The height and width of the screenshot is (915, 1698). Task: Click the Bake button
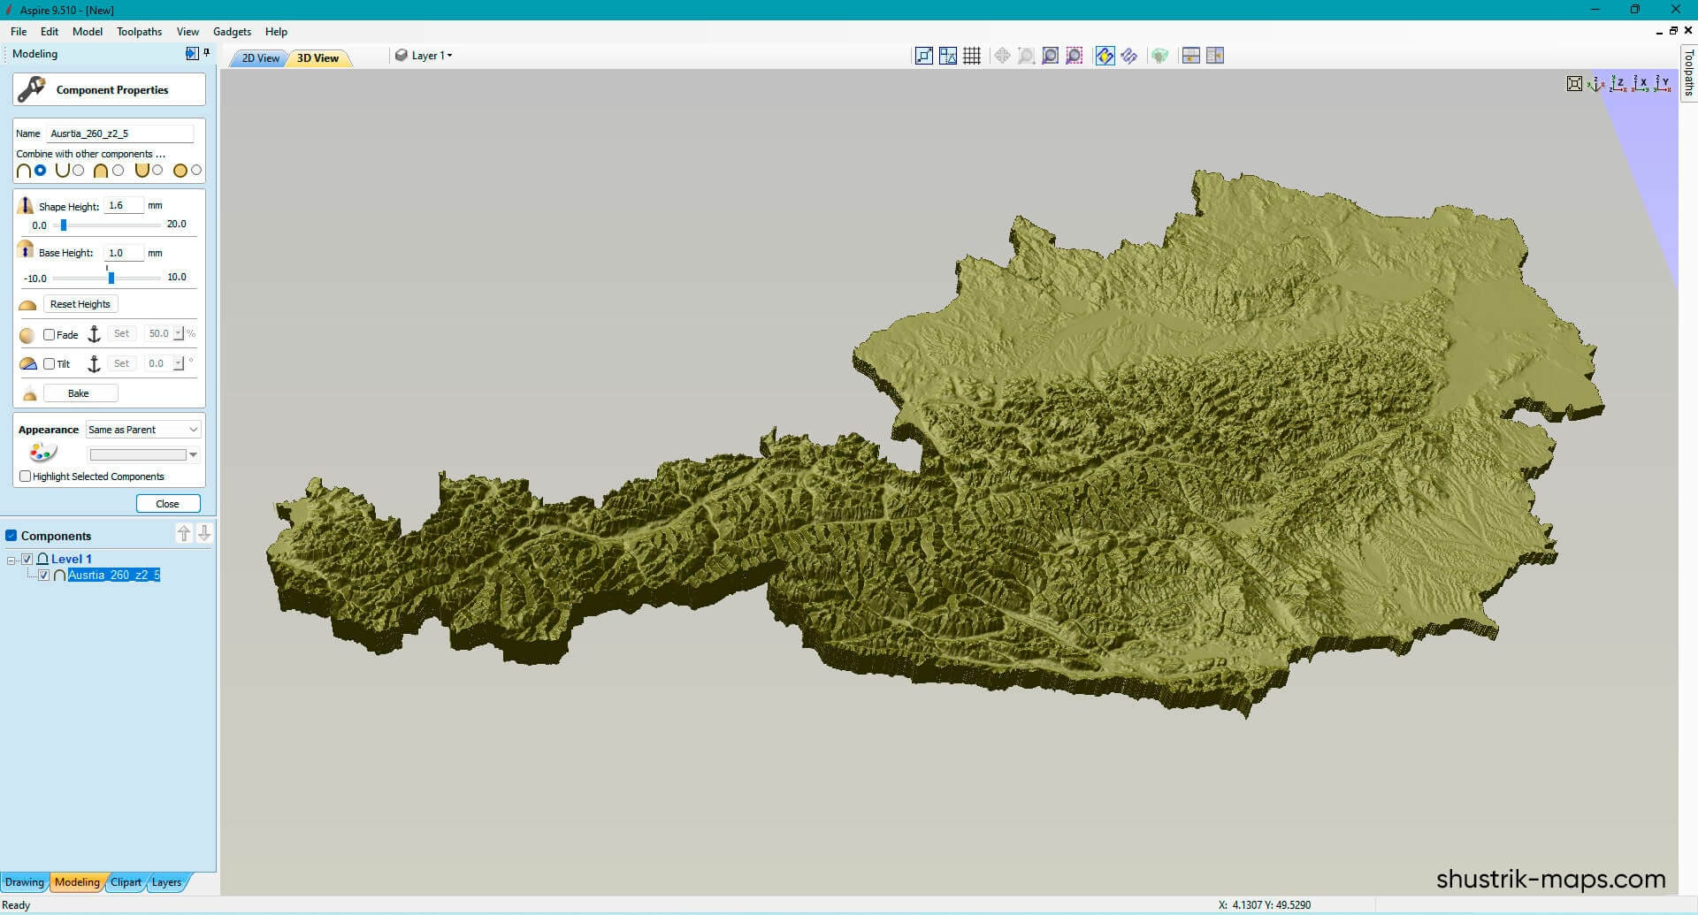[x=80, y=393]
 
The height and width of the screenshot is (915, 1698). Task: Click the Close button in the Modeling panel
[x=168, y=504]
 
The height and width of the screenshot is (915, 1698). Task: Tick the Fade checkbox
[x=50, y=335]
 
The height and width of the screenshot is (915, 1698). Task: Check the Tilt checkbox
[x=50, y=364]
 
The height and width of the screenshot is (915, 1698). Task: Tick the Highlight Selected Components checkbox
[x=26, y=477]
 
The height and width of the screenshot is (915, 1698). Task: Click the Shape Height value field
[x=123, y=205]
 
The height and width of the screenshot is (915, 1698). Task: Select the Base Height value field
[x=123, y=253]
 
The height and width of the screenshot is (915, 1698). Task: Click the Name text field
[x=119, y=133]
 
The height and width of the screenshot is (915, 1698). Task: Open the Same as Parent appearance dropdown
[x=143, y=430]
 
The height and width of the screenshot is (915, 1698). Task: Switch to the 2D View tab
[x=260, y=58]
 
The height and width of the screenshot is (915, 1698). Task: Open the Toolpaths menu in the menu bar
[x=139, y=32]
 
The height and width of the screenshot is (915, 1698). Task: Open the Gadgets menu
[x=232, y=32]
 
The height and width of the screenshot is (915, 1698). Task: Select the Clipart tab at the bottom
[x=126, y=882]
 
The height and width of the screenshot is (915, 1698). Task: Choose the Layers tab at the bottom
[x=166, y=882]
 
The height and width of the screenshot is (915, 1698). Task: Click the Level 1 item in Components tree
[x=71, y=559]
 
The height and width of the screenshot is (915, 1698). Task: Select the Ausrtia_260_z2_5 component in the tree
[x=113, y=576]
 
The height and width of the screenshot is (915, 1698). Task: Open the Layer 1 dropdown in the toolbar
[x=431, y=56]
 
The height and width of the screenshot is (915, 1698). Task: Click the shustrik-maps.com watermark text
[x=1550, y=879]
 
